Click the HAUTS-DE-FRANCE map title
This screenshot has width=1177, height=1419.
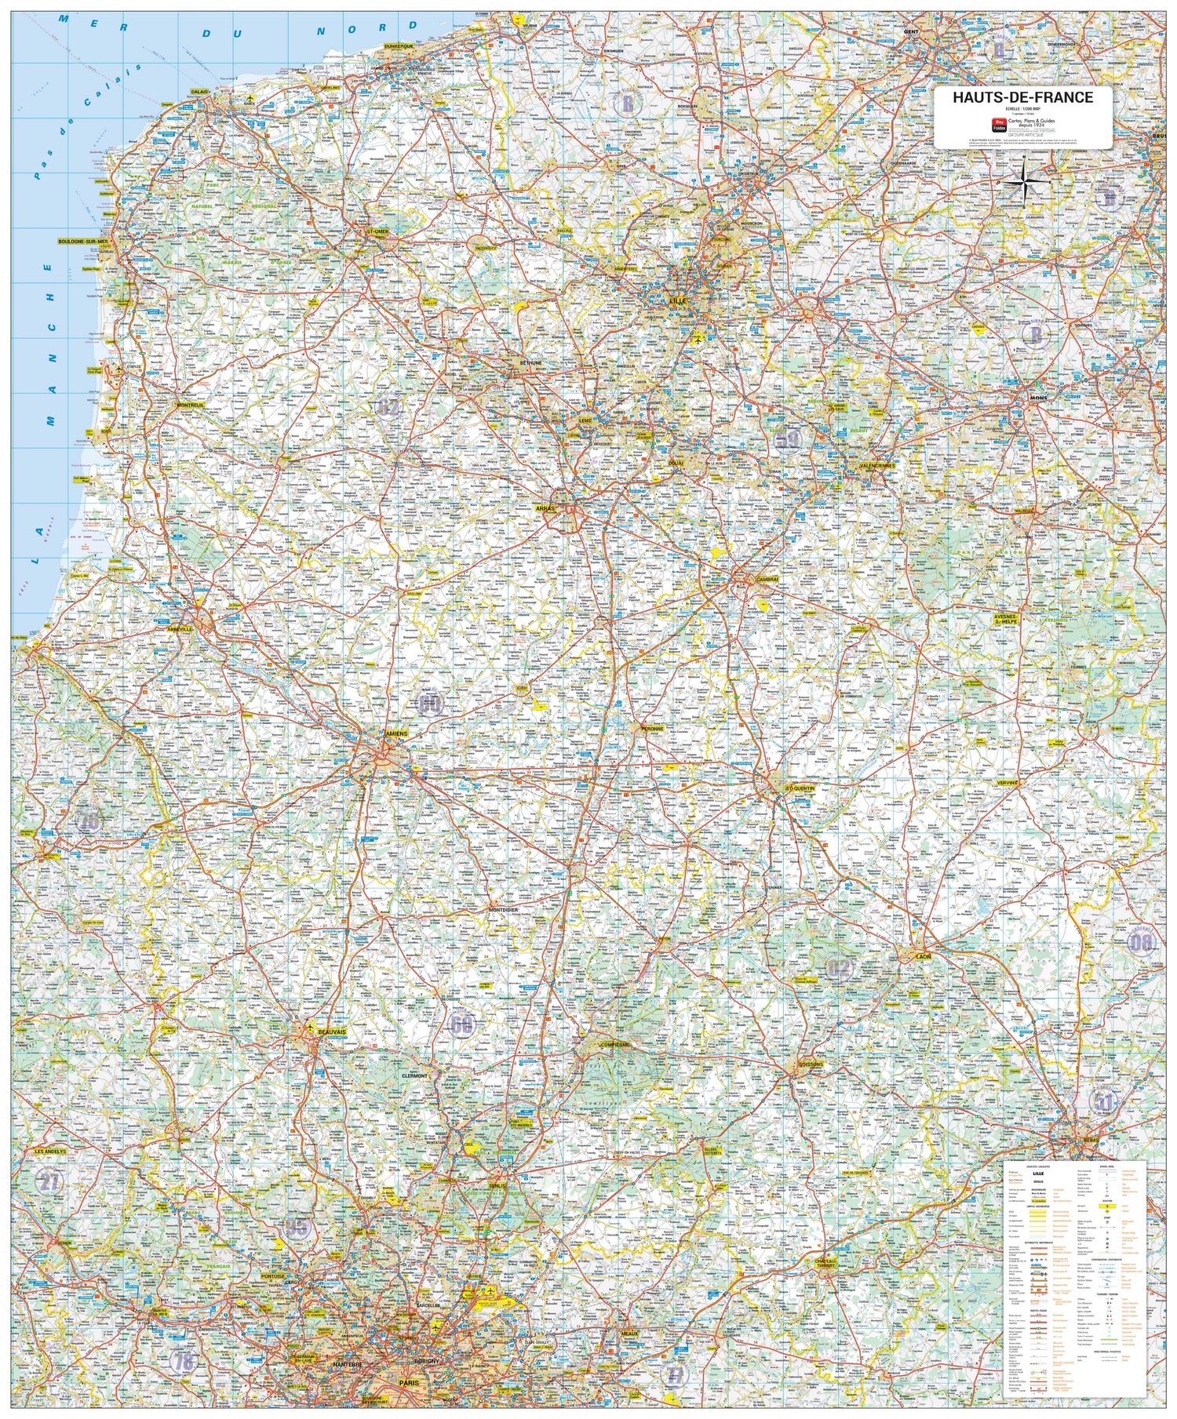click(x=1022, y=98)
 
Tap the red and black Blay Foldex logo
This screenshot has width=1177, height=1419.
click(x=1000, y=123)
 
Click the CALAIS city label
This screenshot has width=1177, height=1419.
click(x=199, y=92)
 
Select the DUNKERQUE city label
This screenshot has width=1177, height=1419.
click(x=399, y=46)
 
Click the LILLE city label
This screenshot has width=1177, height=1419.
click(x=677, y=300)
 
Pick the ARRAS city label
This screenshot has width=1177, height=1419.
click(x=545, y=509)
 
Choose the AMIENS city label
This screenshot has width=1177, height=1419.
click(x=397, y=733)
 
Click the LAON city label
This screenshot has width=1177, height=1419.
click(x=923, y=957)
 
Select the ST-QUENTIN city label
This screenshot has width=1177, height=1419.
click(x=800, y=788)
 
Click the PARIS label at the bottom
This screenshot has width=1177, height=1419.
click(x=409, y=1383)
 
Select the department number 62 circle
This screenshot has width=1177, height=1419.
click(x=387, y=408)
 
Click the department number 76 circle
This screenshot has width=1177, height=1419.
click(x=89, y=821)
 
